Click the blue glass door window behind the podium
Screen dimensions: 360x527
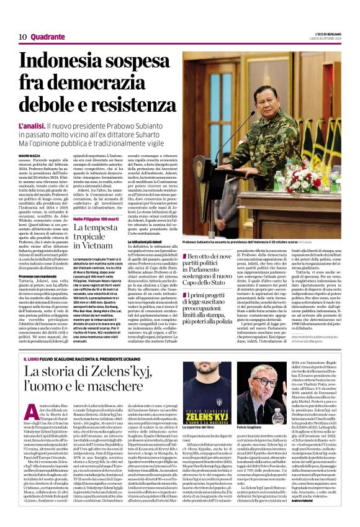[x=205, y=124]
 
